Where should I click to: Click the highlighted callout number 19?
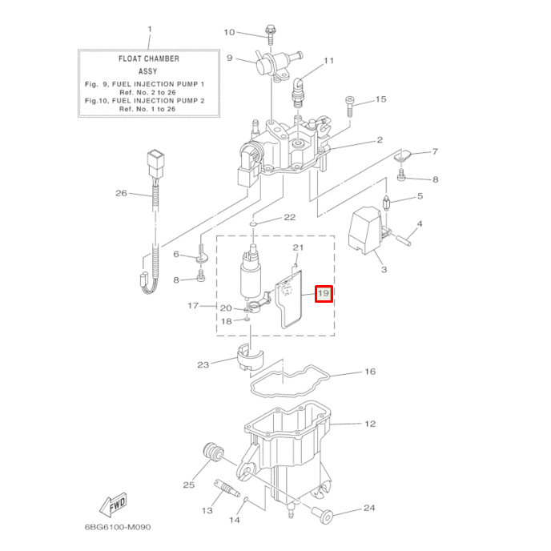pyautogui.click(x=323, y=294)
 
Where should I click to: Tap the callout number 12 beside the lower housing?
pyautogui.click(x=369, y=423)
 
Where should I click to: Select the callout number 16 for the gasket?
pyautogui.click(x=369, y=372)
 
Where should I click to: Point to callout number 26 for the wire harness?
pyautogui.click(x=121, y=193)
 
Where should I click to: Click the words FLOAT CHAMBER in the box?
pyautogui.click(x=148, y=58)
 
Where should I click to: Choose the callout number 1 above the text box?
pyautogui.click(x=148, y=30)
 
